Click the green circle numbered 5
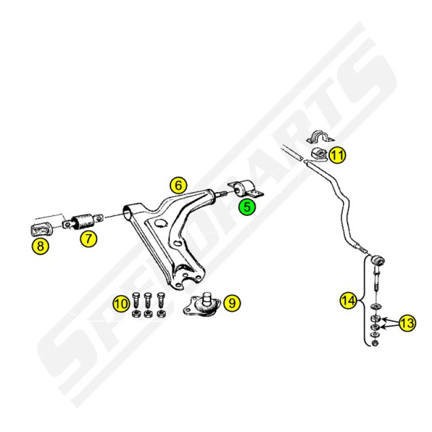[247, 207]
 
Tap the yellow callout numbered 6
[179, 185]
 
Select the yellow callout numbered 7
[89, 238]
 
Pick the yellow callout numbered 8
[40, 246]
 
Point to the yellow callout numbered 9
[232, 303]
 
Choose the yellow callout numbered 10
[121, 303]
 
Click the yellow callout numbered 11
[337, 155]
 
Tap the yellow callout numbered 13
[407, 322]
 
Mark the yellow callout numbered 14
[348, 300]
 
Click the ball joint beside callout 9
[202, 305]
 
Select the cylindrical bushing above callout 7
[83, 221]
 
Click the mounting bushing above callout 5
[245, 190]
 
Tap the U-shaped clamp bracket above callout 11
[320, 137]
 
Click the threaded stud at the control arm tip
[221, 194]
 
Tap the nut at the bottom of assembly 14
[374, 343]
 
